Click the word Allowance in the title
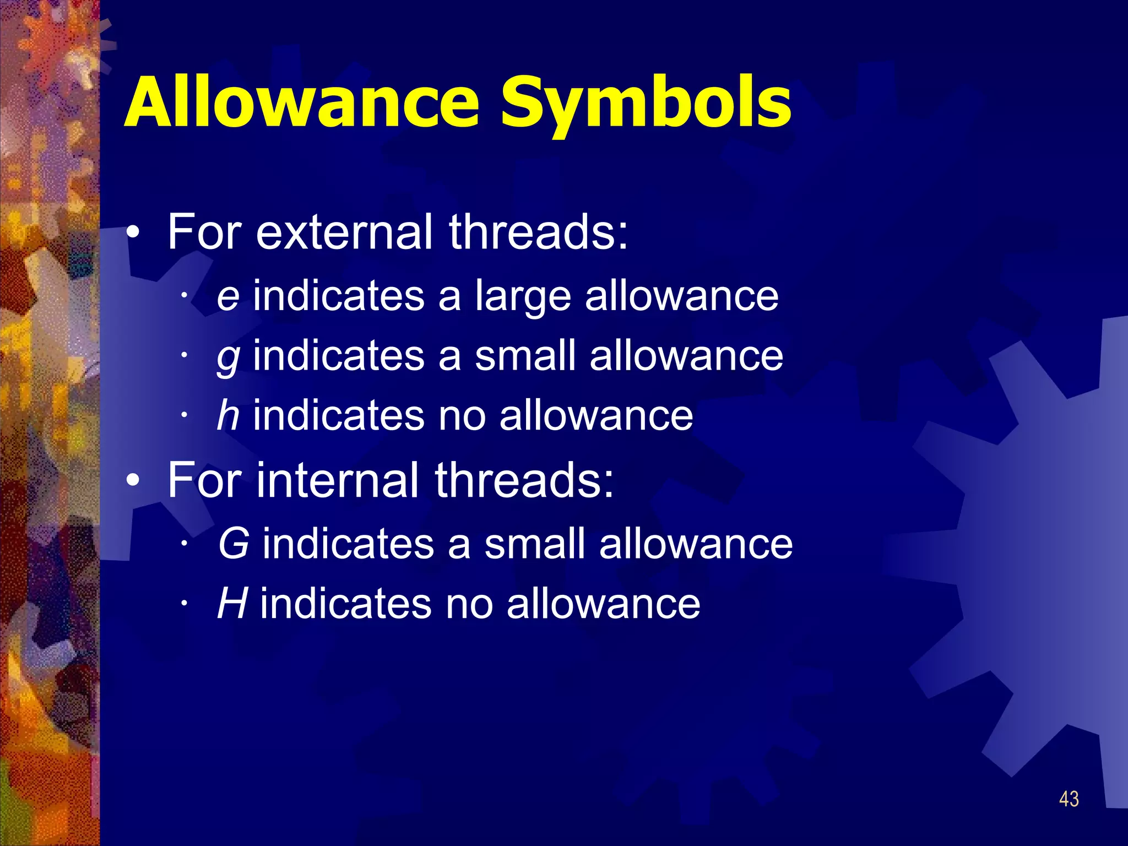[302, 102]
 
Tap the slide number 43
[1069, 799]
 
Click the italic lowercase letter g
[228, 358]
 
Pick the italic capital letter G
[234, 544]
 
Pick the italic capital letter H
[232, 604]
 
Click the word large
[523, 297]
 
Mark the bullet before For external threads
[133, 234]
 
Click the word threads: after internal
[524, 480]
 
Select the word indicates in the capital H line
[346, 604]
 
